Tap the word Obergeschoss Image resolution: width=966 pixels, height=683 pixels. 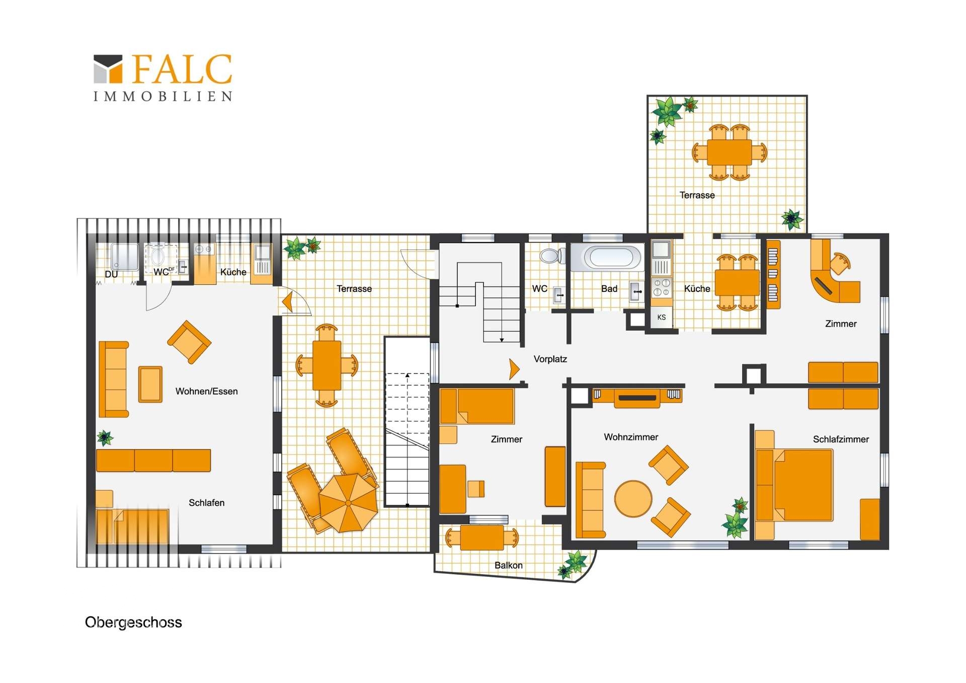[x=133, y=622]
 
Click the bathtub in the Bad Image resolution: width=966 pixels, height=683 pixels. [x=608, y=258]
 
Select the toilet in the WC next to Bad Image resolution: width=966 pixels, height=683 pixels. [x=552, y=256]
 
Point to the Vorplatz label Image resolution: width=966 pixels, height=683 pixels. [x=550, y=359]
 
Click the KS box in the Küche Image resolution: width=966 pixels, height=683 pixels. [x=661, y=317]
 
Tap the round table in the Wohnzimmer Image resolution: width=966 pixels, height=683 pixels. [x=633, y=499]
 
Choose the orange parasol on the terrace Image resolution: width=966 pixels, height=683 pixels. [x=348, y=503]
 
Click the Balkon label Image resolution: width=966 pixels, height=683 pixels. [x=508, y=565]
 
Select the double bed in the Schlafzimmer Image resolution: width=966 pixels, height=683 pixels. [x=794, y=485]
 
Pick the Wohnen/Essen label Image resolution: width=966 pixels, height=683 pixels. [x=206, y=391]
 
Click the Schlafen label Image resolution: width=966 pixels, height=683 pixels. [x=206, y=502]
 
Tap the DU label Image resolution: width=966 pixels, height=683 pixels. [x=111, y=274]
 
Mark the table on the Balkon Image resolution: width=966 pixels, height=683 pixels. [x=481, y=538]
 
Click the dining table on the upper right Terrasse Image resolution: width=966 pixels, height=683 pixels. [x=729, y=152]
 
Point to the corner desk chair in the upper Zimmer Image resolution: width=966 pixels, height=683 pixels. [x=839, y=263]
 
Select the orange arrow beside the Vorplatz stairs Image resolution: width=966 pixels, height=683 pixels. [x=514, y=369]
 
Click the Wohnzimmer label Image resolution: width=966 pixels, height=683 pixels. [x=631, y=437]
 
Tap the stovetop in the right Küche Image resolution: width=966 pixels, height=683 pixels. [x=662, y=287]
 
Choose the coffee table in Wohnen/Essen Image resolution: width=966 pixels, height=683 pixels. [x=150, y=385]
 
